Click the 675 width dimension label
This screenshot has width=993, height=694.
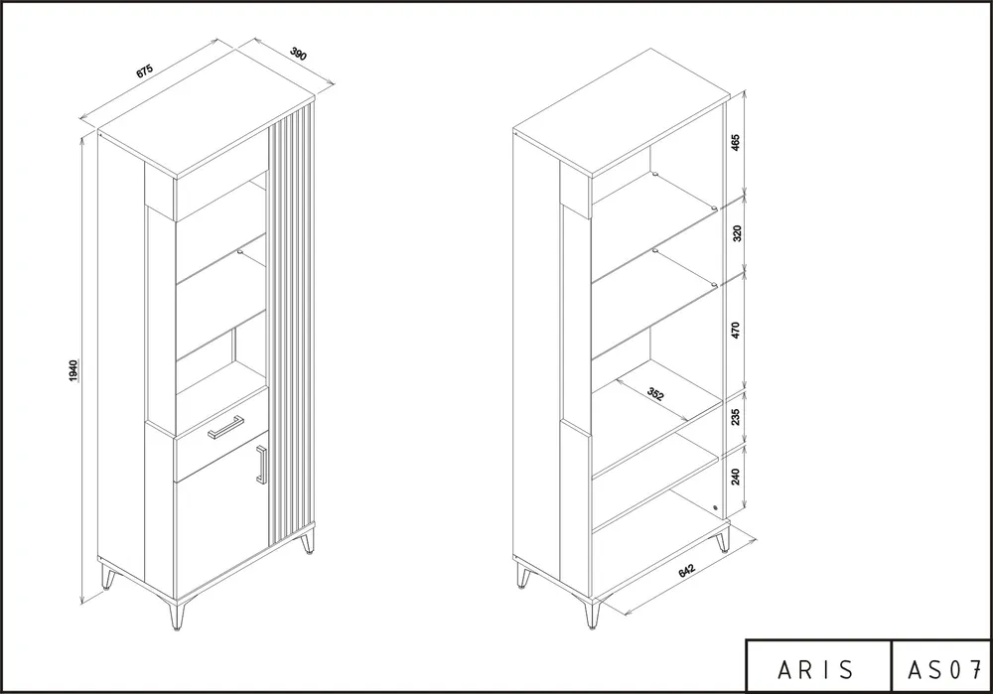click(144, 70)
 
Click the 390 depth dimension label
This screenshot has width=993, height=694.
click(298, 54)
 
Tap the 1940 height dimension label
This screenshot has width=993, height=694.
click(73, 371)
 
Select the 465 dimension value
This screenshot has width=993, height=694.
click(735, 142)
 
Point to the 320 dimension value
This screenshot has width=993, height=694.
click(736, 233)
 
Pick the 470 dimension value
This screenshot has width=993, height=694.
click(735, 330)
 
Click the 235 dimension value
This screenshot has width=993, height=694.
click(735, 417)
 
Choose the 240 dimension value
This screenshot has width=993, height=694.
click(735, 477)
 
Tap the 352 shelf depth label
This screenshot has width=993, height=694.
click(655, 394)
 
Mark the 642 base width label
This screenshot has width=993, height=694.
click(687, 570)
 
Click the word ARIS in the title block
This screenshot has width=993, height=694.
click(815, 669)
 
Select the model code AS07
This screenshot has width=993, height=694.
click(943, 669)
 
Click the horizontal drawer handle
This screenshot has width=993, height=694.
click(226, 426)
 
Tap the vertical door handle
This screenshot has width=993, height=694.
click(261, 464)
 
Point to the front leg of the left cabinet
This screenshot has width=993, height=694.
click(176, 615)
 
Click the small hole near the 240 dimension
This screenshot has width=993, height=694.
click(715, 507)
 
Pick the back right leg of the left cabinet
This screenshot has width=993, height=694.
click(308, 541)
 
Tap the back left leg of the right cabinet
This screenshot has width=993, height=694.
click(523, 576)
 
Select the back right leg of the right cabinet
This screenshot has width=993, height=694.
click(723, 541)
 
